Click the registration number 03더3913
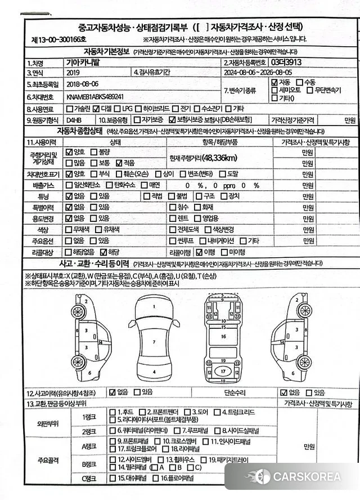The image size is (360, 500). (286, 63)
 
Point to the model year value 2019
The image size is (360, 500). (73, 73)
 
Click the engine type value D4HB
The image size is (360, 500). (74, 120)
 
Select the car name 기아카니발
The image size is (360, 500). (84, 62)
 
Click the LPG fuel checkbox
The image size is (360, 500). (117, 108)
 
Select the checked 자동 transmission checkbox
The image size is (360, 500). (274, 82)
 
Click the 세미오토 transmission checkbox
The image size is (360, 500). (274, 90)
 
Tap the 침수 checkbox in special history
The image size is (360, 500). (173, 207)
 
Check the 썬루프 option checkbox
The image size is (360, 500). (173, 240)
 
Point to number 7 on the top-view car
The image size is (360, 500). (153, 342)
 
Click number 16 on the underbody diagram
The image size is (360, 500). (223, 336)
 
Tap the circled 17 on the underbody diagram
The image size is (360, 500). (223, 372)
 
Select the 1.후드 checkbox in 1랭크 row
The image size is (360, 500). (113, 412)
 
